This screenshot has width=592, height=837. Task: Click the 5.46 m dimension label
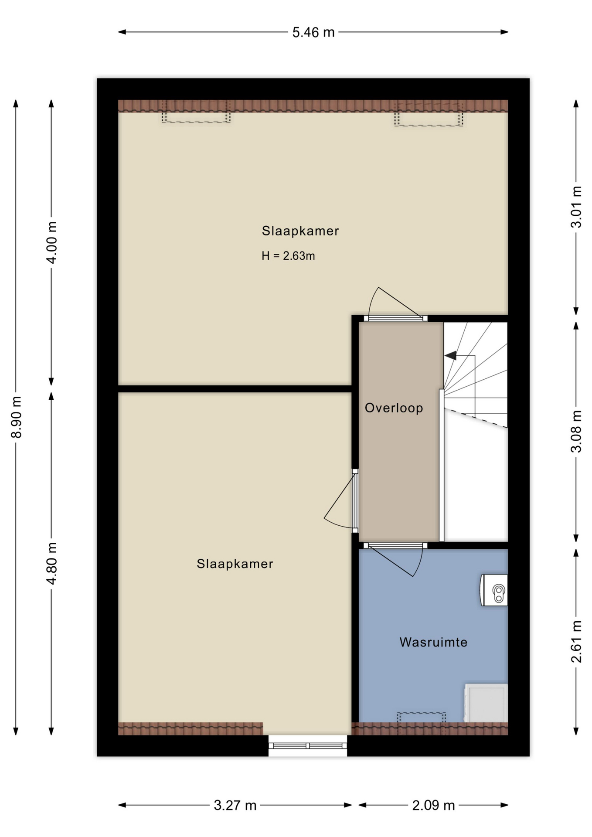click(313, 32)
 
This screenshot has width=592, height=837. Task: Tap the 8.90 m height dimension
click(16, 417)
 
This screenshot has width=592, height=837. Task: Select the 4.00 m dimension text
click(51, 242)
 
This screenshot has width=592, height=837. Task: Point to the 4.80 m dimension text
click(51, 563)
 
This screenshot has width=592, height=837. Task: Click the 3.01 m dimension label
click(576, 207)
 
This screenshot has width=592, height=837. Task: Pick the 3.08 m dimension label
click(576, 432)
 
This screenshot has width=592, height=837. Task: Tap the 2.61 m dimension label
click(576, 641)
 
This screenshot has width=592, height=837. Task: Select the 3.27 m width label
click(235, 805)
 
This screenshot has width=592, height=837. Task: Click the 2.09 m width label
click(433, 805)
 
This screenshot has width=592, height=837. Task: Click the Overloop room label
click(394, 408)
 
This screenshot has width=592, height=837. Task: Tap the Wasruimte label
click(433, 642)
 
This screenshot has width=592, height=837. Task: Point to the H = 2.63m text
click(288, 256)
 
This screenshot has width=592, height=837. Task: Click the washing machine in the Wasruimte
click(486, 703)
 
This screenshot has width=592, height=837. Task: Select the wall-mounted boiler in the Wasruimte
click(494, 590)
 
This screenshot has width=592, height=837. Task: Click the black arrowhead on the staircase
click(451, 356)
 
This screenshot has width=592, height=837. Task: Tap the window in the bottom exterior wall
click(307, 746)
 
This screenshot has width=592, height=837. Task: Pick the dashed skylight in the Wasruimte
click(421, 718)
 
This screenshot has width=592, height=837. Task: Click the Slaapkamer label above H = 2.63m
click(300, 231)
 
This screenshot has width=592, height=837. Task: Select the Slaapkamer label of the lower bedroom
click(235, 564)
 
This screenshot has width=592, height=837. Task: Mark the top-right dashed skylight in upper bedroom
click(429, 114)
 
